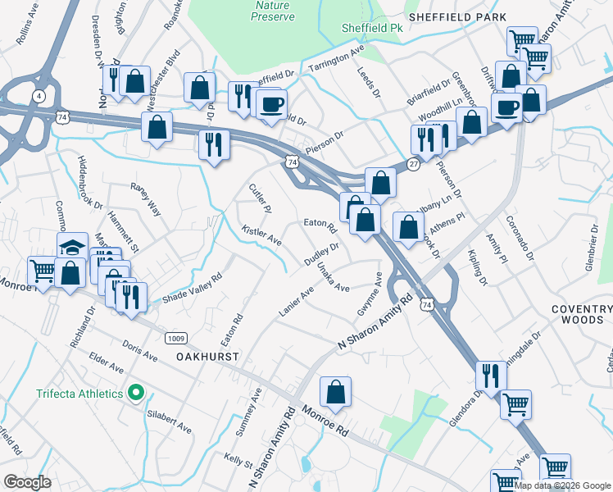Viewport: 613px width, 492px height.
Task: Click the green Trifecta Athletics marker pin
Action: coord(136,394)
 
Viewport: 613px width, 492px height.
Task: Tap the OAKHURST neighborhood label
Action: coord(207,358)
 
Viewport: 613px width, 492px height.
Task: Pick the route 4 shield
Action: coord(39,96)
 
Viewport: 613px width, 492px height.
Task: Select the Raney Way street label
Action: coord(146,198)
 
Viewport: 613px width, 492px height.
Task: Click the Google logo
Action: coord(28,482)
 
